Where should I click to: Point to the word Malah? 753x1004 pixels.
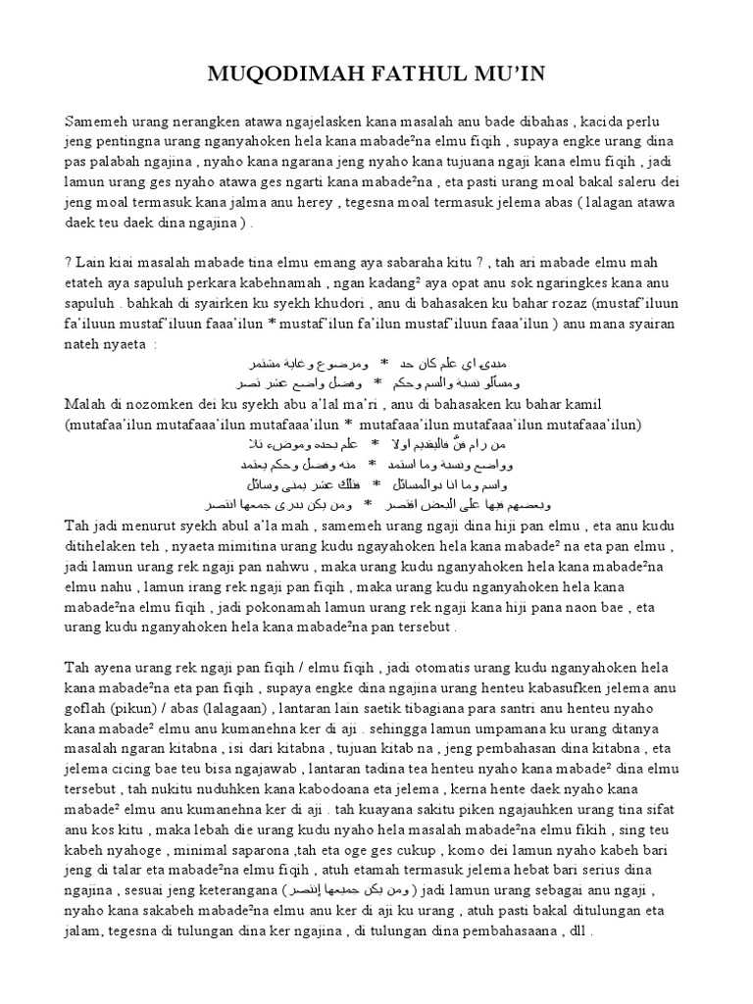[x=85, y=404]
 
